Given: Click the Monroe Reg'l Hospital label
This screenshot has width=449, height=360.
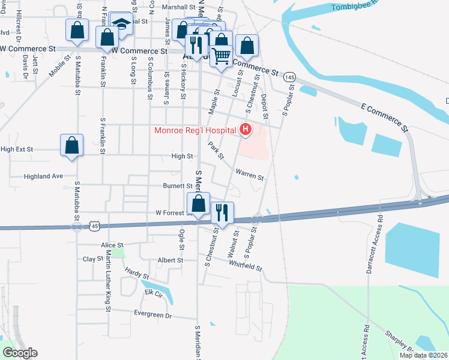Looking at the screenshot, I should tap(195, 130).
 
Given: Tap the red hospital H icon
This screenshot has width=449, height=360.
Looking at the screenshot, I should tap(245, 129).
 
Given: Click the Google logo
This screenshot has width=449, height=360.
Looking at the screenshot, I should tap(20, 353).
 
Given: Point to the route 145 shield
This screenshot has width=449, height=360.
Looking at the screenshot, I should tap(290, 77).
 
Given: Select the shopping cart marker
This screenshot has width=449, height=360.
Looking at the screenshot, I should tap(221, 55).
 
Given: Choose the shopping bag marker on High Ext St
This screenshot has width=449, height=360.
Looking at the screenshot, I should tap(71, 145).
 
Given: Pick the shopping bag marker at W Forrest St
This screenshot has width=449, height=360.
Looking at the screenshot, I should tap(198, 204).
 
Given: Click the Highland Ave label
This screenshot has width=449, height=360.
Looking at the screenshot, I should tap(43, 176).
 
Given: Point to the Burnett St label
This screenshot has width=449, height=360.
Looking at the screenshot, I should tap(178, 186).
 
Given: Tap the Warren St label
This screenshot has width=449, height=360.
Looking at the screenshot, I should tap(249, 175).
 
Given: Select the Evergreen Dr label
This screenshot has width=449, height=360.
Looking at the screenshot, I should tap(153, 315).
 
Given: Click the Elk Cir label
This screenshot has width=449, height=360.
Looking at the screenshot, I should tap(153, 293).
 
